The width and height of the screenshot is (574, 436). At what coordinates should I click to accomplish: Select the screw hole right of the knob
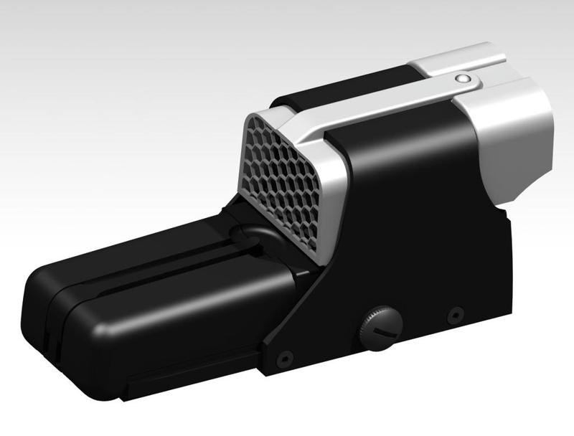455,315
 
